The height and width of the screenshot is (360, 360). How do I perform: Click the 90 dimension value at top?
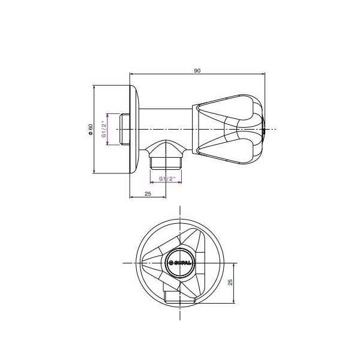coord(197,70)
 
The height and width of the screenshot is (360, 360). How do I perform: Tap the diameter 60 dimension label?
coord(91,130)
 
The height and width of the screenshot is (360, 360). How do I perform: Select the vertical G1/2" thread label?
coord(104,129)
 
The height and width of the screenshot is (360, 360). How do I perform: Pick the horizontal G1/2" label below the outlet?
coord(167,178)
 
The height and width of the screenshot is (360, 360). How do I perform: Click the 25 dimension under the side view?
coord(148,194)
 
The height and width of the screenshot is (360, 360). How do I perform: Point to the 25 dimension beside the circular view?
coord(230,282)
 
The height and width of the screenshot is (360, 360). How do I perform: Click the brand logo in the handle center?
coord(179,263)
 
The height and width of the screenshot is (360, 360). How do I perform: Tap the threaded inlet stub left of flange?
coord(125,129)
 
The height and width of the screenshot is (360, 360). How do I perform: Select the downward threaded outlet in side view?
coord(166,163)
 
